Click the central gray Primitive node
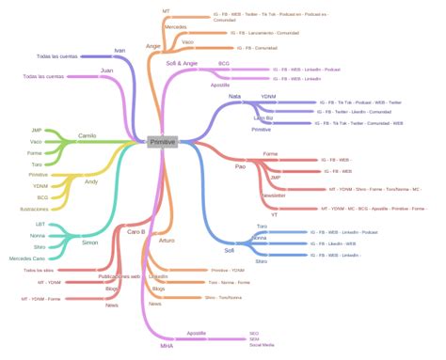pos(168,141)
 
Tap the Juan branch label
pos(106,70)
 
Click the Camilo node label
pos(87,134)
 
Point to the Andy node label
pos(90,181)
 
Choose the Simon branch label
pos(90,243)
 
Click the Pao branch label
pos(240,165)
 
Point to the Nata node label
pos(234,96)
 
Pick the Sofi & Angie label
pos(182,63)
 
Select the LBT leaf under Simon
pos(40,225)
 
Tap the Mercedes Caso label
pos(26,258)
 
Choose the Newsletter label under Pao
pos(273,196)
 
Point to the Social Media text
pos(262,346)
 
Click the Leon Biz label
pos(263,118)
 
